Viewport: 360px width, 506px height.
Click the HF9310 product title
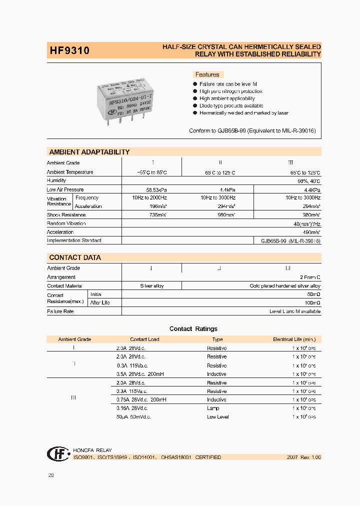(x=69, y=50)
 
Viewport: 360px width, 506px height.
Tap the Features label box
(x=207, y=74)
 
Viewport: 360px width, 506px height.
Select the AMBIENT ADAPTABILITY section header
(x=89, y=152)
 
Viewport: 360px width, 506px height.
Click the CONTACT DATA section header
(x=75, y=257)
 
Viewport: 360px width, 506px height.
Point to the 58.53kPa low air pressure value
(x=151, y=190)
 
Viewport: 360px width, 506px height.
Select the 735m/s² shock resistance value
(x=151, y=215)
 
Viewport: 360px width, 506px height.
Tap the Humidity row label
(x=56, y=180)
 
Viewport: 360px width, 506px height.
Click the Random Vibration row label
(x=66, y=223)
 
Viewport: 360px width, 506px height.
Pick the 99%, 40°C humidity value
(x=309, y=181)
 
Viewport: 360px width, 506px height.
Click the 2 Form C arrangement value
(x=310, y=277)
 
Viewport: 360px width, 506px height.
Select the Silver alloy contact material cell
(x=151, y=286)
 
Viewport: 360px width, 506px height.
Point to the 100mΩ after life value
(x=312, y=303)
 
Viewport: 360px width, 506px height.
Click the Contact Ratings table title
(x=193, y=329)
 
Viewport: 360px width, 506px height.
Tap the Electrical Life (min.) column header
(x=294, y=339)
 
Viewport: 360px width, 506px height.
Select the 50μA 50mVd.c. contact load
(x=133, y=416)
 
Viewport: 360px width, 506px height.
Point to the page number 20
(x=50, y=475)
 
